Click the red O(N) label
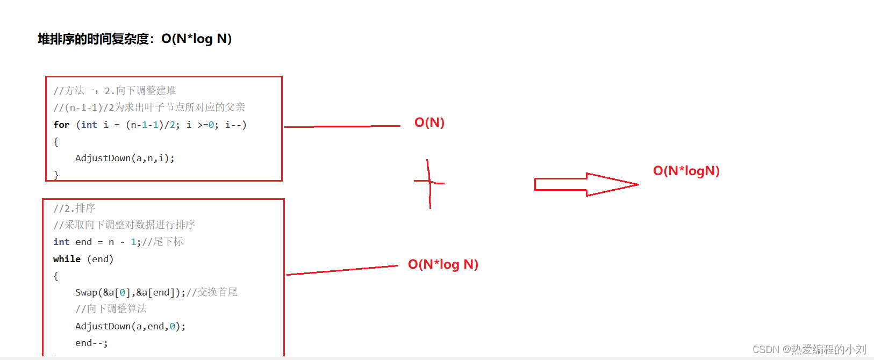point(429,123)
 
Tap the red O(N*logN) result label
point(686,171)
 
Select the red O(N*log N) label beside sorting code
point(443,264)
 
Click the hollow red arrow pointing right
point(586,184)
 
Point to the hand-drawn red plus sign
point(429,183)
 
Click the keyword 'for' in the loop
point(61,125)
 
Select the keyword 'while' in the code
point(67,259)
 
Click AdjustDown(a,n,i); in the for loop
point(125,158)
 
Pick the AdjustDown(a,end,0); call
point(130,326)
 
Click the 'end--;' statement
point(91,343)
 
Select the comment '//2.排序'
point(74,208)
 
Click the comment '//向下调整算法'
point(111,309)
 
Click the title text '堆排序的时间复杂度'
point(94,39)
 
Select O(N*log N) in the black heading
point(197,39)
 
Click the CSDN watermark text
point(809,349)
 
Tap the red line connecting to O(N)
point(342,126)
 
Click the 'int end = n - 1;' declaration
point(97,242)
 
